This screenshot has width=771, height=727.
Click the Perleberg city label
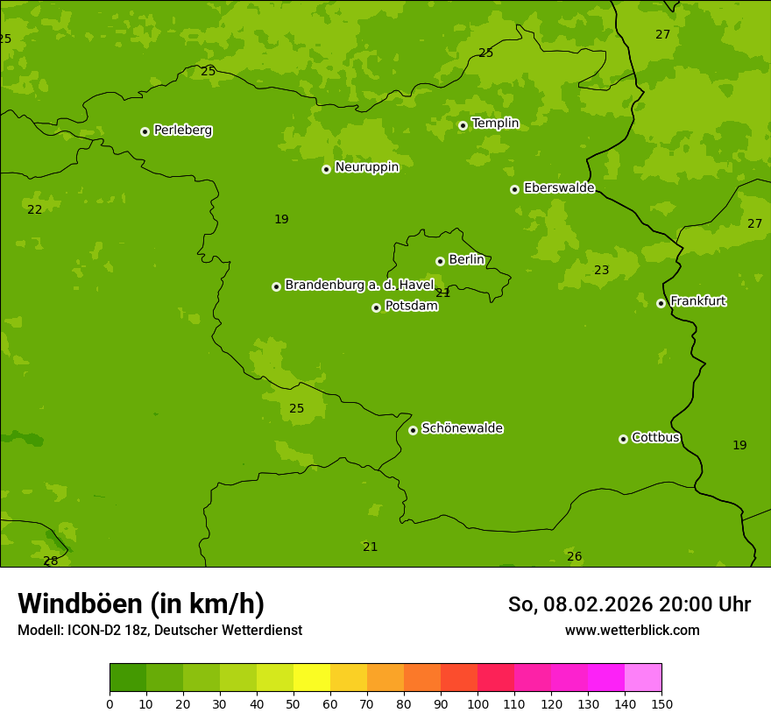click(x=182, y=131)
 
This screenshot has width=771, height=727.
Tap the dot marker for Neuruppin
click(x=326, y=169)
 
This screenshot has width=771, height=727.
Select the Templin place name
click(x=495, y=124)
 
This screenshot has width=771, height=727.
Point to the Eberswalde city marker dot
click(x=514, y=189)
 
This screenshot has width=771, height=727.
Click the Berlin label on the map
click(x=466, y=260)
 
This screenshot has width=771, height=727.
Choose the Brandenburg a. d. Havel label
click(x=359, y=286)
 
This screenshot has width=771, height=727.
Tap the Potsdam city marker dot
click(x=376, y=307)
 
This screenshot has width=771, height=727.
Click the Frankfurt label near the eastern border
click(x=697, y=301)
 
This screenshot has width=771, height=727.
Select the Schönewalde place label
click(x=462, y=428)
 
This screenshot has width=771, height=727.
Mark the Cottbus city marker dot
click(x=623, y=439)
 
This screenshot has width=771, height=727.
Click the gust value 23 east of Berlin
click(x=601, y=271)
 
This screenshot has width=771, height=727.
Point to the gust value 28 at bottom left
click(x=51, y=561)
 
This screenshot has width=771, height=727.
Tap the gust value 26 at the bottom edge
click(x=574, y=556)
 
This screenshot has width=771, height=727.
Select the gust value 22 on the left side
click(x=34, y=209)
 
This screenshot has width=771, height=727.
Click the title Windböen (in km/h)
click(x=141, y=603)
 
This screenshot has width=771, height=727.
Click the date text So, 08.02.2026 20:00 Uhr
click(x=629, y=604)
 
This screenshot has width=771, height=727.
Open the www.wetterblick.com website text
click(x=632, y=631)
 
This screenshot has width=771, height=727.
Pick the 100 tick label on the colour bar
click(x=477, y=703)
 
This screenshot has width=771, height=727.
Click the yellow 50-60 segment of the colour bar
click(x=312, y=678)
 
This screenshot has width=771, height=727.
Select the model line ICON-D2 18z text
click(x=159, y=631)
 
